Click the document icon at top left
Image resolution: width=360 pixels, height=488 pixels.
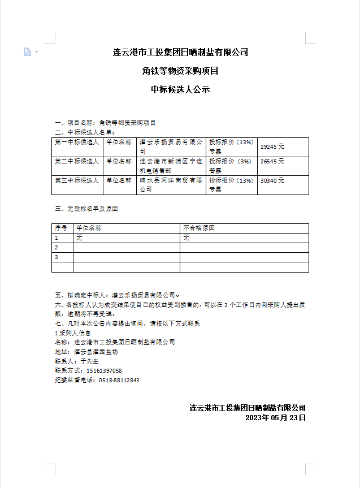point(27,52)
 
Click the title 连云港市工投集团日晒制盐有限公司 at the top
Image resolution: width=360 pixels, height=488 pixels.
point(180,53)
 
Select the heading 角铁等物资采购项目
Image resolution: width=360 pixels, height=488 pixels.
point(180,71)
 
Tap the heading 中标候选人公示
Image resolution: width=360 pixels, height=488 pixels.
point(180,89)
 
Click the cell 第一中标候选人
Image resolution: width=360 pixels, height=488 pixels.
point(77,142)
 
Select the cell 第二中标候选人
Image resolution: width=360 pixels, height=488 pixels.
point(77,161)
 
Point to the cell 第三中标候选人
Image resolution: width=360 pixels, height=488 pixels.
point(77,180)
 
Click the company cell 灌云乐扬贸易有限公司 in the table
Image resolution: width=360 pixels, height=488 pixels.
point(171,147)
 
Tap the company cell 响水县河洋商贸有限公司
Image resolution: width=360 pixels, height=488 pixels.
point(171,185)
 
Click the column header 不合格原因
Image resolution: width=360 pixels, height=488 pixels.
point(199,228)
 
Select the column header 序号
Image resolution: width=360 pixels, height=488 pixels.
point(61,228)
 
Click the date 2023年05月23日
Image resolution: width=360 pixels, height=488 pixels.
point(275,418)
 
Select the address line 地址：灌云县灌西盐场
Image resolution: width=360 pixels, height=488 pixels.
point(86,352)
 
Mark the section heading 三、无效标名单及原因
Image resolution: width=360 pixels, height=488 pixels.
point(86,209)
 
